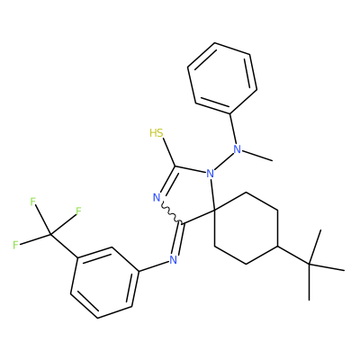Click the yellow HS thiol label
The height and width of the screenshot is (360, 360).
157,133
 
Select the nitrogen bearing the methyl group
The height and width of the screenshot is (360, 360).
238,148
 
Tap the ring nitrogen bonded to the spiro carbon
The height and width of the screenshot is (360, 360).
210,173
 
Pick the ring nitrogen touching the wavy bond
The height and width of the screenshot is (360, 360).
157,197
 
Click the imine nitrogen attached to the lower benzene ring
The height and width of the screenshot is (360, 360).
173,260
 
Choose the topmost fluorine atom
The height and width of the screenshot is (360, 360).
33,202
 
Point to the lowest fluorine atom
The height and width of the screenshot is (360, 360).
16,245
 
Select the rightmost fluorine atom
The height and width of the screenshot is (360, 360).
78,211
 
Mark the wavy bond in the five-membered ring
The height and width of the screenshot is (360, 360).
171,212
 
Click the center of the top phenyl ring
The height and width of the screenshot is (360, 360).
222,78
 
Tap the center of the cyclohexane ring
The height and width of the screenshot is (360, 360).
247,228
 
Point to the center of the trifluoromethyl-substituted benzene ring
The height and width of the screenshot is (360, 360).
105,283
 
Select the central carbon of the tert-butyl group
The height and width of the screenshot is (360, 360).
310,265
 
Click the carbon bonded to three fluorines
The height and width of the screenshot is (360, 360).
50,234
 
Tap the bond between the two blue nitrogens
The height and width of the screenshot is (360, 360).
223,161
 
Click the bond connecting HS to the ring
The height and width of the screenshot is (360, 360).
169,152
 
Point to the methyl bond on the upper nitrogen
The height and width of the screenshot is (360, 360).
257,156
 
